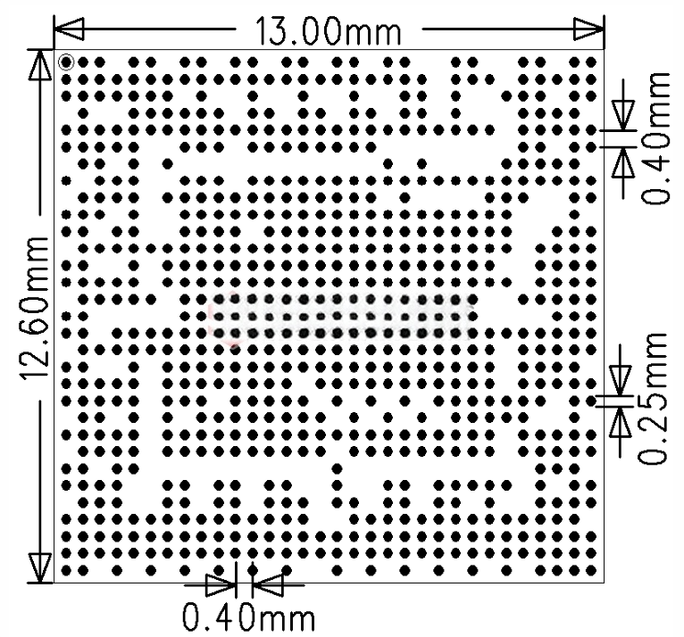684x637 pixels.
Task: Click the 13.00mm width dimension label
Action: pyautogui.click(x=328, y=31)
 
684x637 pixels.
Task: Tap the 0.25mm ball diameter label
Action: pyautogui.click(x=653, y=398)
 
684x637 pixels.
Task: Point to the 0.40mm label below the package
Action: pyautogui.click(x=248, y=617)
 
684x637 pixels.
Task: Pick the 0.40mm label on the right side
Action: pyautogui.click(x=655, y=138)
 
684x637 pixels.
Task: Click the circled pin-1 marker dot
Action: pyautogui.click(x=66, y=62)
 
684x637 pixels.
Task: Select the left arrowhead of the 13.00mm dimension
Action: pyautogui.click(x=69, y=29)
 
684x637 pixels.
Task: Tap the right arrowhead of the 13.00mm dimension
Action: pyautogui.click(x=589, y=29)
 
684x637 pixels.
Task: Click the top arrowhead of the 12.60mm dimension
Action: pyautogui.click(x=39, y=65)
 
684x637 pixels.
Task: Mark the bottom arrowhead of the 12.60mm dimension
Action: pyautogui.click(x=39, y=567)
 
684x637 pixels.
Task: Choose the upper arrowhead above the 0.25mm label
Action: pyautogui.click(x=620, y=380)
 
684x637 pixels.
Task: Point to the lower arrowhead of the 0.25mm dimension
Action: pyautogui.click(x=620, y=421)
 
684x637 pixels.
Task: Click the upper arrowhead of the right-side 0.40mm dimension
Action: pyautogui.click(x=623, y=114)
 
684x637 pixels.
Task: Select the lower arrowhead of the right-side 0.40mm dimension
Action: pyautogui.click(x=623, y=162)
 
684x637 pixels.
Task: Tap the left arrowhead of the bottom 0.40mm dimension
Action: pyautogui.click(x=221, y=584)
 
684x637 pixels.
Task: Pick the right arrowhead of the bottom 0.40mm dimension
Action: pyautogui.click(x=267, y=584)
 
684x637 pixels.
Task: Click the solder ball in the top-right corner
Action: pyautogui.click(x=591, y=62)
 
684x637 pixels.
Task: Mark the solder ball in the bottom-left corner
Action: pyautogui.click(x=66, y=570)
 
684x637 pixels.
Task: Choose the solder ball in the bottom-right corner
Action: pyautogui.click(x=591, y=570)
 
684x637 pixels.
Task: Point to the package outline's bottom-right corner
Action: pyautogui.click(x=605, y=582)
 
